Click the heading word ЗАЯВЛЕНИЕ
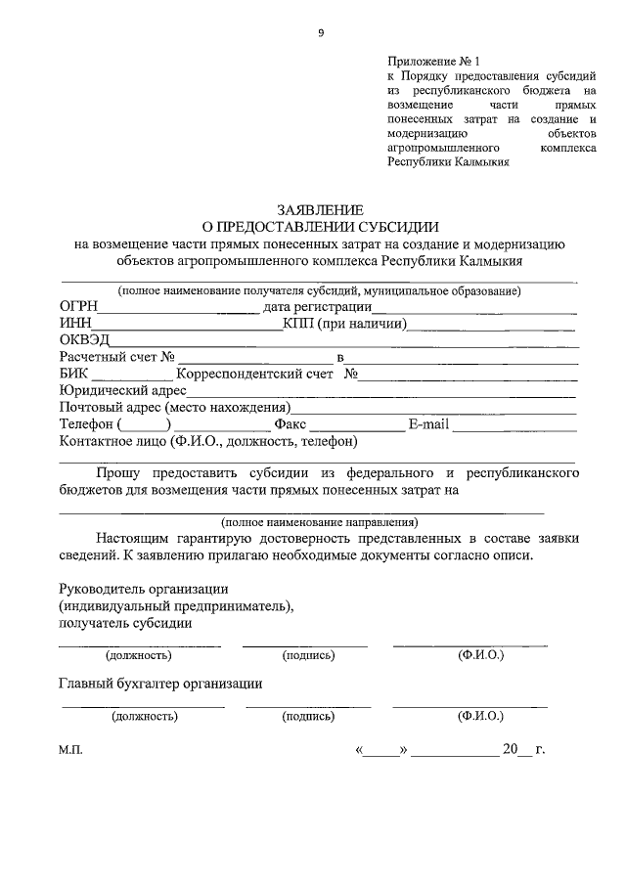320,209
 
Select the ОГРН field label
79,306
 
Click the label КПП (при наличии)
344,324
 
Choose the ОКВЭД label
84,340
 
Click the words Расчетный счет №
116,357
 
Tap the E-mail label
428,425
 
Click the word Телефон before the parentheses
87,425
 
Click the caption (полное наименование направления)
319,521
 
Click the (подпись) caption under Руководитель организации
307,655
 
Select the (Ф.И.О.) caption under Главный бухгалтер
479,716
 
